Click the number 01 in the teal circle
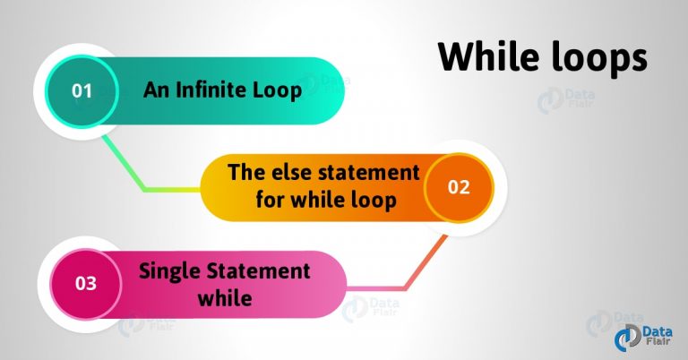pyautogui.click(x=82, y=90)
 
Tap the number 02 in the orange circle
pyautogui.click(x=459, y=187)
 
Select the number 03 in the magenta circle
pyautogui.click(x=86, y=283)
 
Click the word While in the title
pyautogui.click(x=490, y=56)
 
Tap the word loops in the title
pyautogui.click(x=599, y=60)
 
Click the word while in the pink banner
pyautogui.click(x=225, y=297)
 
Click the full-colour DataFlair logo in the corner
pyautogui.click(x=642, y=339)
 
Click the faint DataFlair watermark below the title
pyautogui.click(x=566, y=100)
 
